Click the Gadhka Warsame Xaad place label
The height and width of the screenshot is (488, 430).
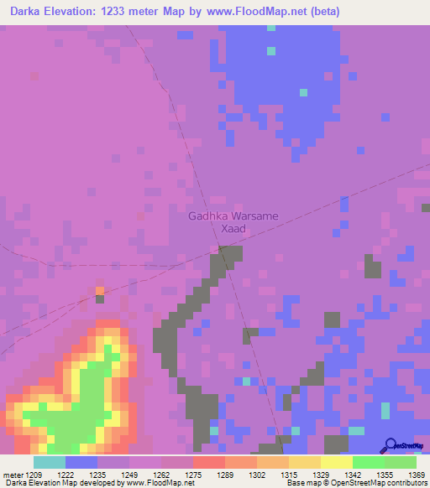[x=233, y=221]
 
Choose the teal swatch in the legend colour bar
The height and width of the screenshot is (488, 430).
[x=50, y=462]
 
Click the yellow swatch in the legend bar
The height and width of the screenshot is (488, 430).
[x=336, y=462]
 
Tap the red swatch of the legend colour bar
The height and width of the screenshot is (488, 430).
[x=208, y=462]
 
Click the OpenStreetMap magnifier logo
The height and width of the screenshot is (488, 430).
[x=391, y=445]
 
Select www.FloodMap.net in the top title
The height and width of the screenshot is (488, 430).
[x=288, y=13]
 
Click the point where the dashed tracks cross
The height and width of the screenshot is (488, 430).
[x=220, y=247]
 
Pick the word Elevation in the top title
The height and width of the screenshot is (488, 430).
[x=78, y=13]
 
